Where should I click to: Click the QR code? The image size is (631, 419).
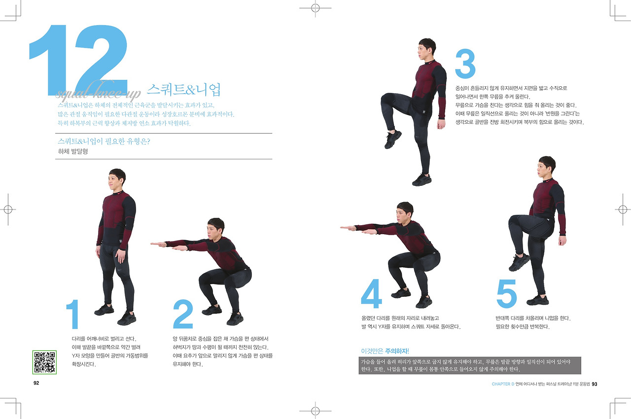click(44, 362)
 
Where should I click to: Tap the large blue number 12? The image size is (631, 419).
click(78, 60)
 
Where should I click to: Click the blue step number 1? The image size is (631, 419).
click(72, 314)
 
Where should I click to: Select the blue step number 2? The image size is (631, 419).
click(183, 314)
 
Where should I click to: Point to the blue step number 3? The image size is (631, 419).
click(465, 64)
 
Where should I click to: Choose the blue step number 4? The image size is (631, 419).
click(372, 293)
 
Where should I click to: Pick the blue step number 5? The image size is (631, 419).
click(506, 293)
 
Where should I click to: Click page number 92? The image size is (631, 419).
click(36, 383)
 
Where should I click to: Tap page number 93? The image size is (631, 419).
click(595, 384)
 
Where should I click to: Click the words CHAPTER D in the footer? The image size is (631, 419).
click(503, 384)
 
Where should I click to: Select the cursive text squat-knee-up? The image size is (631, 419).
click(98, 92)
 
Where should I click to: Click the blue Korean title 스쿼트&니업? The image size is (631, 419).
click(184, 90)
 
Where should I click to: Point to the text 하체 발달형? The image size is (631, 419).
click(73, 151)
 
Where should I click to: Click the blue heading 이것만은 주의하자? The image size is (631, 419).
click(385, 351)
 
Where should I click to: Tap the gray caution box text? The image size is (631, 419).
click(470, 365)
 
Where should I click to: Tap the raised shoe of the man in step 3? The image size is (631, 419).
click(393, 140)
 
